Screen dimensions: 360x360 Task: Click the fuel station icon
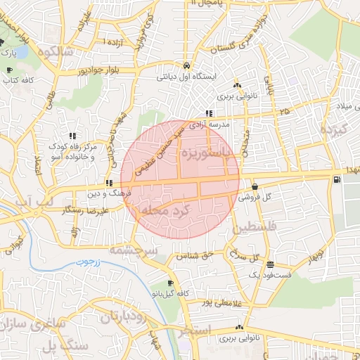338,179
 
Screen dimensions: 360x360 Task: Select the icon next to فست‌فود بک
271,264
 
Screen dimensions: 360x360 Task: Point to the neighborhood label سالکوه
57,51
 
